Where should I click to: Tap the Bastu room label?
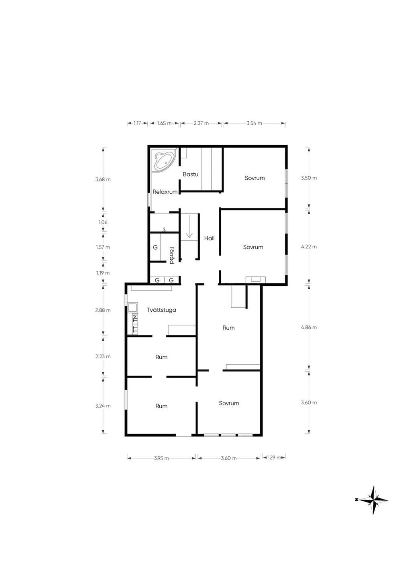(191, 174)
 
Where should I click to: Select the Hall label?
(209, 238)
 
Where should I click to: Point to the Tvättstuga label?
(161, 310)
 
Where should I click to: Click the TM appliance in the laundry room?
(135, 319)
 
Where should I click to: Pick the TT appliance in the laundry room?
(135, 329)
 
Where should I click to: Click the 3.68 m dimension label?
(103, 179)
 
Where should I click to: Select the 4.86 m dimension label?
(309, 327)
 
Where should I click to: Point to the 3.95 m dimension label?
(161, 458)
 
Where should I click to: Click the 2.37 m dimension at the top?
(201, 123)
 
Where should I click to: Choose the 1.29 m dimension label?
(274, 457)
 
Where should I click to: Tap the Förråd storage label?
(171, 255)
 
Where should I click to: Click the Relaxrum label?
(165, 192)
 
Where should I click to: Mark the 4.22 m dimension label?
(309, 247)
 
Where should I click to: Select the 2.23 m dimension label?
(103, 357)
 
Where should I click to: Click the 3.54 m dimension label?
(254, 123)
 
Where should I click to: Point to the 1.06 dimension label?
(103, 223)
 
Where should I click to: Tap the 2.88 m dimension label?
(103, 310)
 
